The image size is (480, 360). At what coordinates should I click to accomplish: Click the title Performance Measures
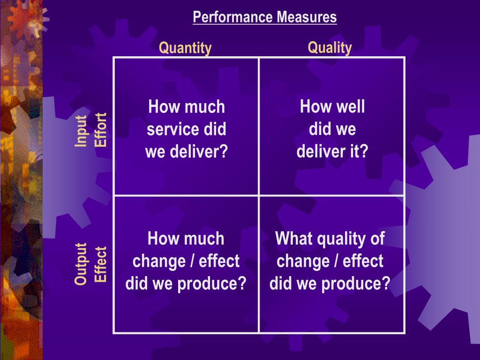pos(264,17)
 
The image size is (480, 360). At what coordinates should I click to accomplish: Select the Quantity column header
pos(185,48)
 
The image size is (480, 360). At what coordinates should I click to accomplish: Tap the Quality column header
pos(330,47)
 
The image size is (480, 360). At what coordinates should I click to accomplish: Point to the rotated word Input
pos(81,131)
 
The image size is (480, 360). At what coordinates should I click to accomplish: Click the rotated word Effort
pos(101,130)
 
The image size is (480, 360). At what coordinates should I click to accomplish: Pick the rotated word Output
pos(81,263)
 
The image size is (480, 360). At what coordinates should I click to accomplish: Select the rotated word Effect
pos(101,264)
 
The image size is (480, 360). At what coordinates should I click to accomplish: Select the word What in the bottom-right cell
pos(293,239)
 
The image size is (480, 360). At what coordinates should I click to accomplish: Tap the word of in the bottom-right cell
pos(377,239)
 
